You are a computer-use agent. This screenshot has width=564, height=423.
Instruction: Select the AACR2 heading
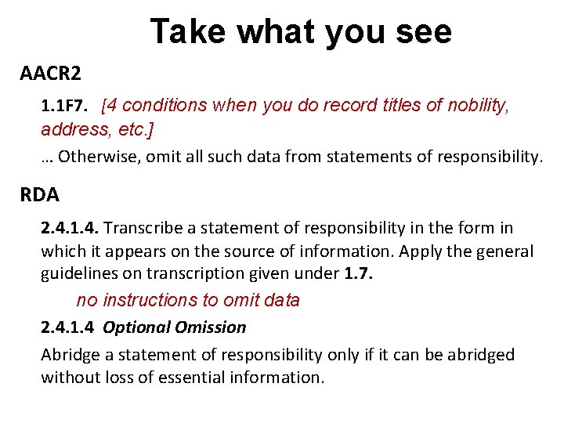[50, 74]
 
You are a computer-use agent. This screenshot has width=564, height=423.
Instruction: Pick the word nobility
[477, 105]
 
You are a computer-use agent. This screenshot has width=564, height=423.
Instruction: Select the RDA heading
[39, 193]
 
